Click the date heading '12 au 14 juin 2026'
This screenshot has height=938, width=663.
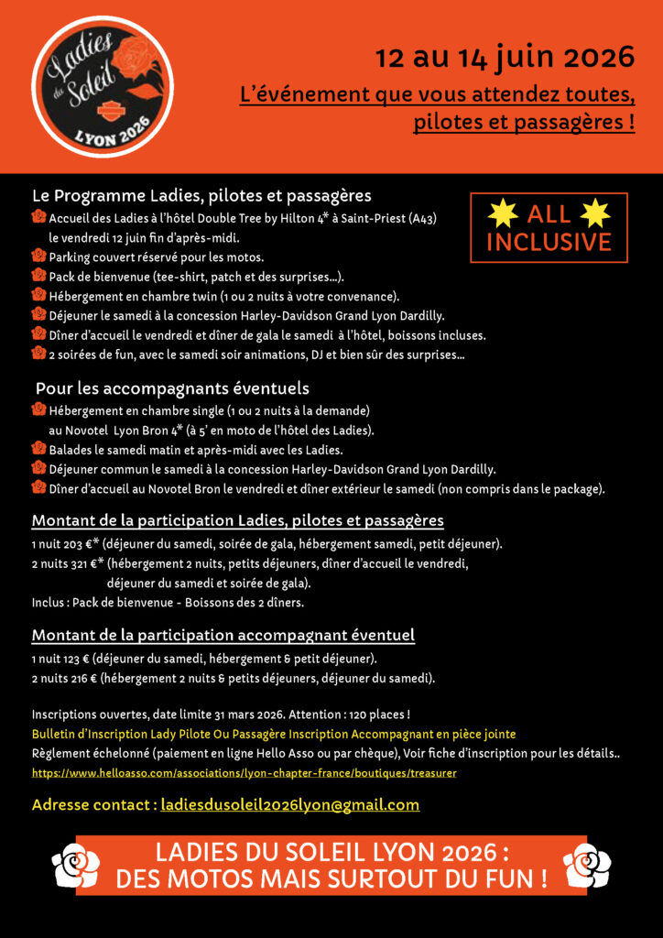(x=505, y=58)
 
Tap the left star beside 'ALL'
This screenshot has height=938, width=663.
(x=502, y=213)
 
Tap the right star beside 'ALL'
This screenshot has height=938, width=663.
(x=595, y=213)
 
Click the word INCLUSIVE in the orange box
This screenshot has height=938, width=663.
(x=549, y=242)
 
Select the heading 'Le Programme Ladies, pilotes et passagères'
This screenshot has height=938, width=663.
(x=201, y=196)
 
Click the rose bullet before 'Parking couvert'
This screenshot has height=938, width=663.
(x=38, y=256)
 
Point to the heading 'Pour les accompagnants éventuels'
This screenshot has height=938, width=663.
(x=172, y=388)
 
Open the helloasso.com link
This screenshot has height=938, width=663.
(x=244, y=773)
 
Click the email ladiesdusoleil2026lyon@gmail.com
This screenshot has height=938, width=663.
(x=289, y=805)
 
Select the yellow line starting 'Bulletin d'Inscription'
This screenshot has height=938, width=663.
(x=273, y=734)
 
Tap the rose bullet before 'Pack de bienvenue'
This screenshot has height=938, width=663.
(x=38, y=276)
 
